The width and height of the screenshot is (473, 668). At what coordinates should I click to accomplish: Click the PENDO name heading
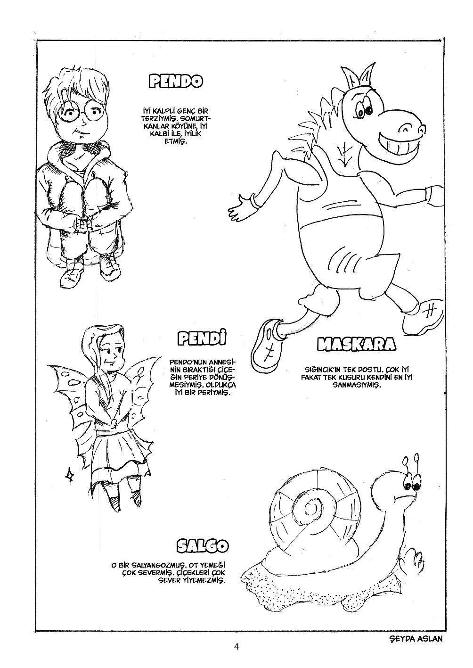tap(176, 81)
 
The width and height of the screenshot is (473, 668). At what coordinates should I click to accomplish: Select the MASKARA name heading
tap(356, 344)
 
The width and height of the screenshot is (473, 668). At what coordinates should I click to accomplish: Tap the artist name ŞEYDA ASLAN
tap(416, 636)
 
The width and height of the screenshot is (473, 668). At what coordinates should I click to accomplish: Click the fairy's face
tap(111, 355)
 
